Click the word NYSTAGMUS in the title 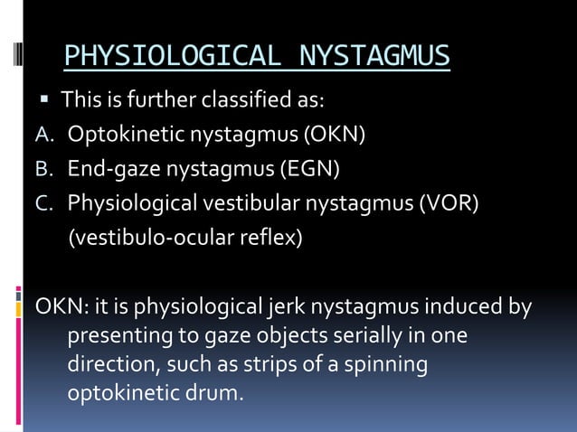pos(374,57)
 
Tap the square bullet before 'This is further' pos(43,97)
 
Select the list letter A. pos(43,136)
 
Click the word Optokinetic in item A pos(118,136)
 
